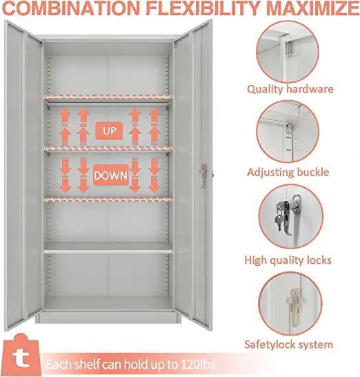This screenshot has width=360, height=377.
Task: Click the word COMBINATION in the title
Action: click(71, 8)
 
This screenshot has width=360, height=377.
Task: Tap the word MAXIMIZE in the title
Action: click(312, 8)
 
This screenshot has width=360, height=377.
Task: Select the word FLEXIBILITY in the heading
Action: click(203, 8)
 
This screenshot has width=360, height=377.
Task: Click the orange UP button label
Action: click(109, 131)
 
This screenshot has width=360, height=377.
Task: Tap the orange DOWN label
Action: click(111, 175)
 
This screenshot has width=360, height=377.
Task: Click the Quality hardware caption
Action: click(290, 90)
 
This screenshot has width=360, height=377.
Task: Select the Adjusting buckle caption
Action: click(288, 173)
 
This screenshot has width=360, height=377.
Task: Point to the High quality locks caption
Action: click(288, 260)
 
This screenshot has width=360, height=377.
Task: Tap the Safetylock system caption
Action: click(288, 345)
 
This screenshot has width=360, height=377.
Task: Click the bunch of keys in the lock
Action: click(281, 215)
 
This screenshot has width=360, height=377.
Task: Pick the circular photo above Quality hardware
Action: click(287, 52)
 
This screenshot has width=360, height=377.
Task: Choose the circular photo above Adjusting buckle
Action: click(288, 132)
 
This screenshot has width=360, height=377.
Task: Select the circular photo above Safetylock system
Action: click(290, 304)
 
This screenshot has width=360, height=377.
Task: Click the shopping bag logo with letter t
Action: click(21, 355)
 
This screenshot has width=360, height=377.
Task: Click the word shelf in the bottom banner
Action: click(88, 365)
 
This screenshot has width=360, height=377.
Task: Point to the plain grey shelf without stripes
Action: click(108, 248)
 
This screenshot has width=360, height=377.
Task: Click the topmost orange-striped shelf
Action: click(108, 97)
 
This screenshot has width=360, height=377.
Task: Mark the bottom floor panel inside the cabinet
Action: click(108, 304)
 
